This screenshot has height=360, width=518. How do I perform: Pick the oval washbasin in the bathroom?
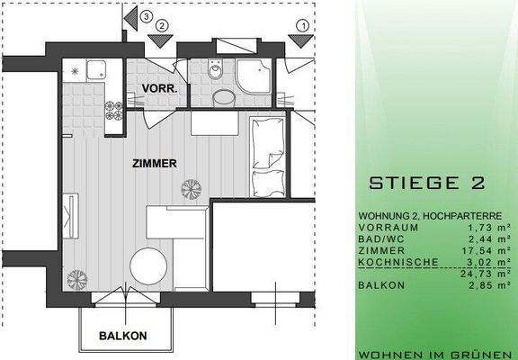tap(223, 97)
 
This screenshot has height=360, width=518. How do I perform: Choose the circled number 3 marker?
tap(146, 14)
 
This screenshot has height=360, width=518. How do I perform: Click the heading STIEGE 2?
tap(427, 184)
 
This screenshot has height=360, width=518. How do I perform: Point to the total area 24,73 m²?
tap(488, 273)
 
